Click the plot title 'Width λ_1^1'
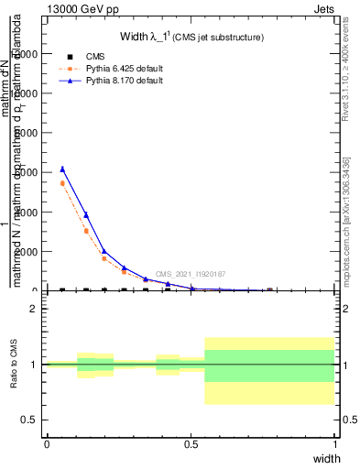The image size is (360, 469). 192,38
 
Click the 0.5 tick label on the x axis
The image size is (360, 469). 191,444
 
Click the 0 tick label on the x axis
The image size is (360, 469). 47,444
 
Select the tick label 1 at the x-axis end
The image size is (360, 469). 335,444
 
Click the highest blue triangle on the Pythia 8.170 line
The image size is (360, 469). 62,169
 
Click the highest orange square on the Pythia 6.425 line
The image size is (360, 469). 62,183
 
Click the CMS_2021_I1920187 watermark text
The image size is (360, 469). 190,274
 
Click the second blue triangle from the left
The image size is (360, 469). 86,214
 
